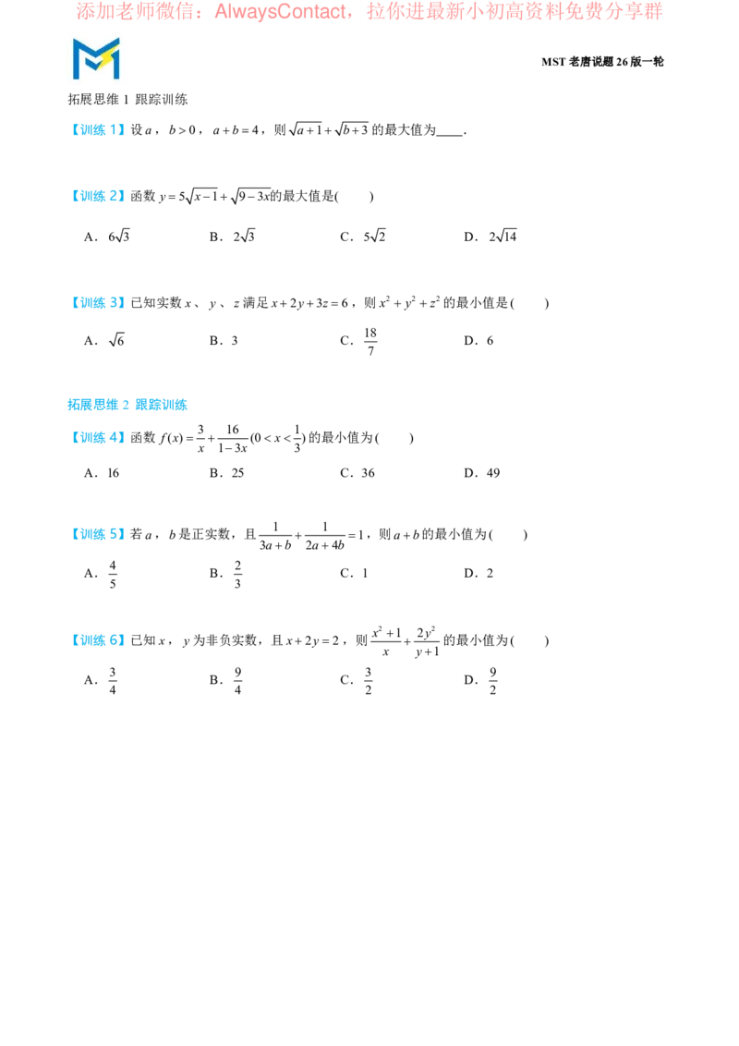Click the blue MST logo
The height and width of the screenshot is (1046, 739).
click(x=96, y=58)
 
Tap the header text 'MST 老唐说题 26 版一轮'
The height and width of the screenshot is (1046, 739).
click(x=602, y=61)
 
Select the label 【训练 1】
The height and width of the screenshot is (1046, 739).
click(x=98, y=130)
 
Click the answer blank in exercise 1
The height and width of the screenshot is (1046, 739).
click(x=450, y=133)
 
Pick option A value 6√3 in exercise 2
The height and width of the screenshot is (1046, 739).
click(x=119, y=237)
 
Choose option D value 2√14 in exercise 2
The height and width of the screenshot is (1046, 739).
click(x=503, y=237)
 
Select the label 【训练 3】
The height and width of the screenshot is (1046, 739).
click(x=98, y=303)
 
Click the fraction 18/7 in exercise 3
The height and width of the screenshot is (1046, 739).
click(x=370, y=341)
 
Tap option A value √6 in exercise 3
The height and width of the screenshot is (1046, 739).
click(x=116, y=340)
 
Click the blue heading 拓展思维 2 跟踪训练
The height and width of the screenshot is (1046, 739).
click(x=127, y=405)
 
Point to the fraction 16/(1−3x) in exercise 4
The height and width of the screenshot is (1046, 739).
click(x=232, y=438)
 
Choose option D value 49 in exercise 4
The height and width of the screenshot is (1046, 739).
click(x=493, y=473)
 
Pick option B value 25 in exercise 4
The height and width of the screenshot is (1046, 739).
click(x=237, y=473)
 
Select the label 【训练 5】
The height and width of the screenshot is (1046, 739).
click(x=98, y=534)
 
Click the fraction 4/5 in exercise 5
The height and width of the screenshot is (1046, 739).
click(x=113, y=574)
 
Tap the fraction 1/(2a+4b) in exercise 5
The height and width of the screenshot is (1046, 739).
click(x=325, y=536)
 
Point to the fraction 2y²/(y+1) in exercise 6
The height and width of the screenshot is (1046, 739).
click(x=427, y=641)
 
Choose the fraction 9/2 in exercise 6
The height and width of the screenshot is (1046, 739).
click(x=493, y=680)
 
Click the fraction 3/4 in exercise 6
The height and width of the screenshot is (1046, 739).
click(x=113, y=680)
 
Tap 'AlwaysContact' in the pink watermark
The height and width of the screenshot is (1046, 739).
click(x=280, y=11)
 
